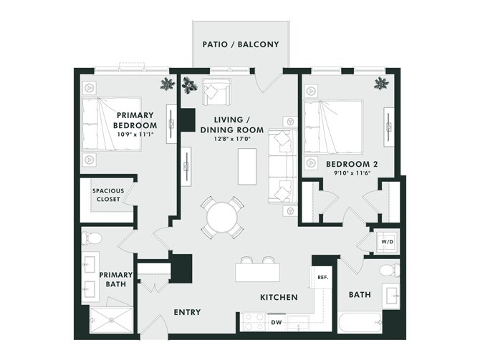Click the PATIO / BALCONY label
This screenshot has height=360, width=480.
coord(240,43)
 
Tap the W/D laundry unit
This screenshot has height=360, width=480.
coord(387,242)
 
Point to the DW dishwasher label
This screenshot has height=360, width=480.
coord(277,322)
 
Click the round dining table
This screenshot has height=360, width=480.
coord(221,215)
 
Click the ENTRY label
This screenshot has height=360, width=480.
coord(187,312)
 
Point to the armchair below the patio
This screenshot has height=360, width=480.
coord(216,92)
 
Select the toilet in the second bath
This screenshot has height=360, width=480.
coord(390,271)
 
